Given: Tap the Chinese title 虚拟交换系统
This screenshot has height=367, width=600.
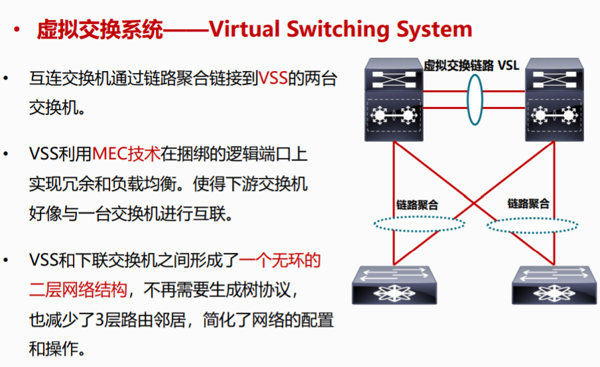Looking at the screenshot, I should (x=99, y=29).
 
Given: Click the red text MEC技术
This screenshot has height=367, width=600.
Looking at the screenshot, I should (x=127, y=155).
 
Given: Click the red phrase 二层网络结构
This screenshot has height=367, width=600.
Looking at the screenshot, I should (x=77, y=289).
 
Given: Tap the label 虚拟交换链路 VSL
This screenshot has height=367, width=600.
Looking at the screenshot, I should (x=471, y=65).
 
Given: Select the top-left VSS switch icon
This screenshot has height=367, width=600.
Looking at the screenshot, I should (x=393, y=100).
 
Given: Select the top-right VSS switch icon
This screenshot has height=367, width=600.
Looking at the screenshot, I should (x=556, y=100).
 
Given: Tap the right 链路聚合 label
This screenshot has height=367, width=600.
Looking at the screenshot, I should (x=528, y=203).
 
